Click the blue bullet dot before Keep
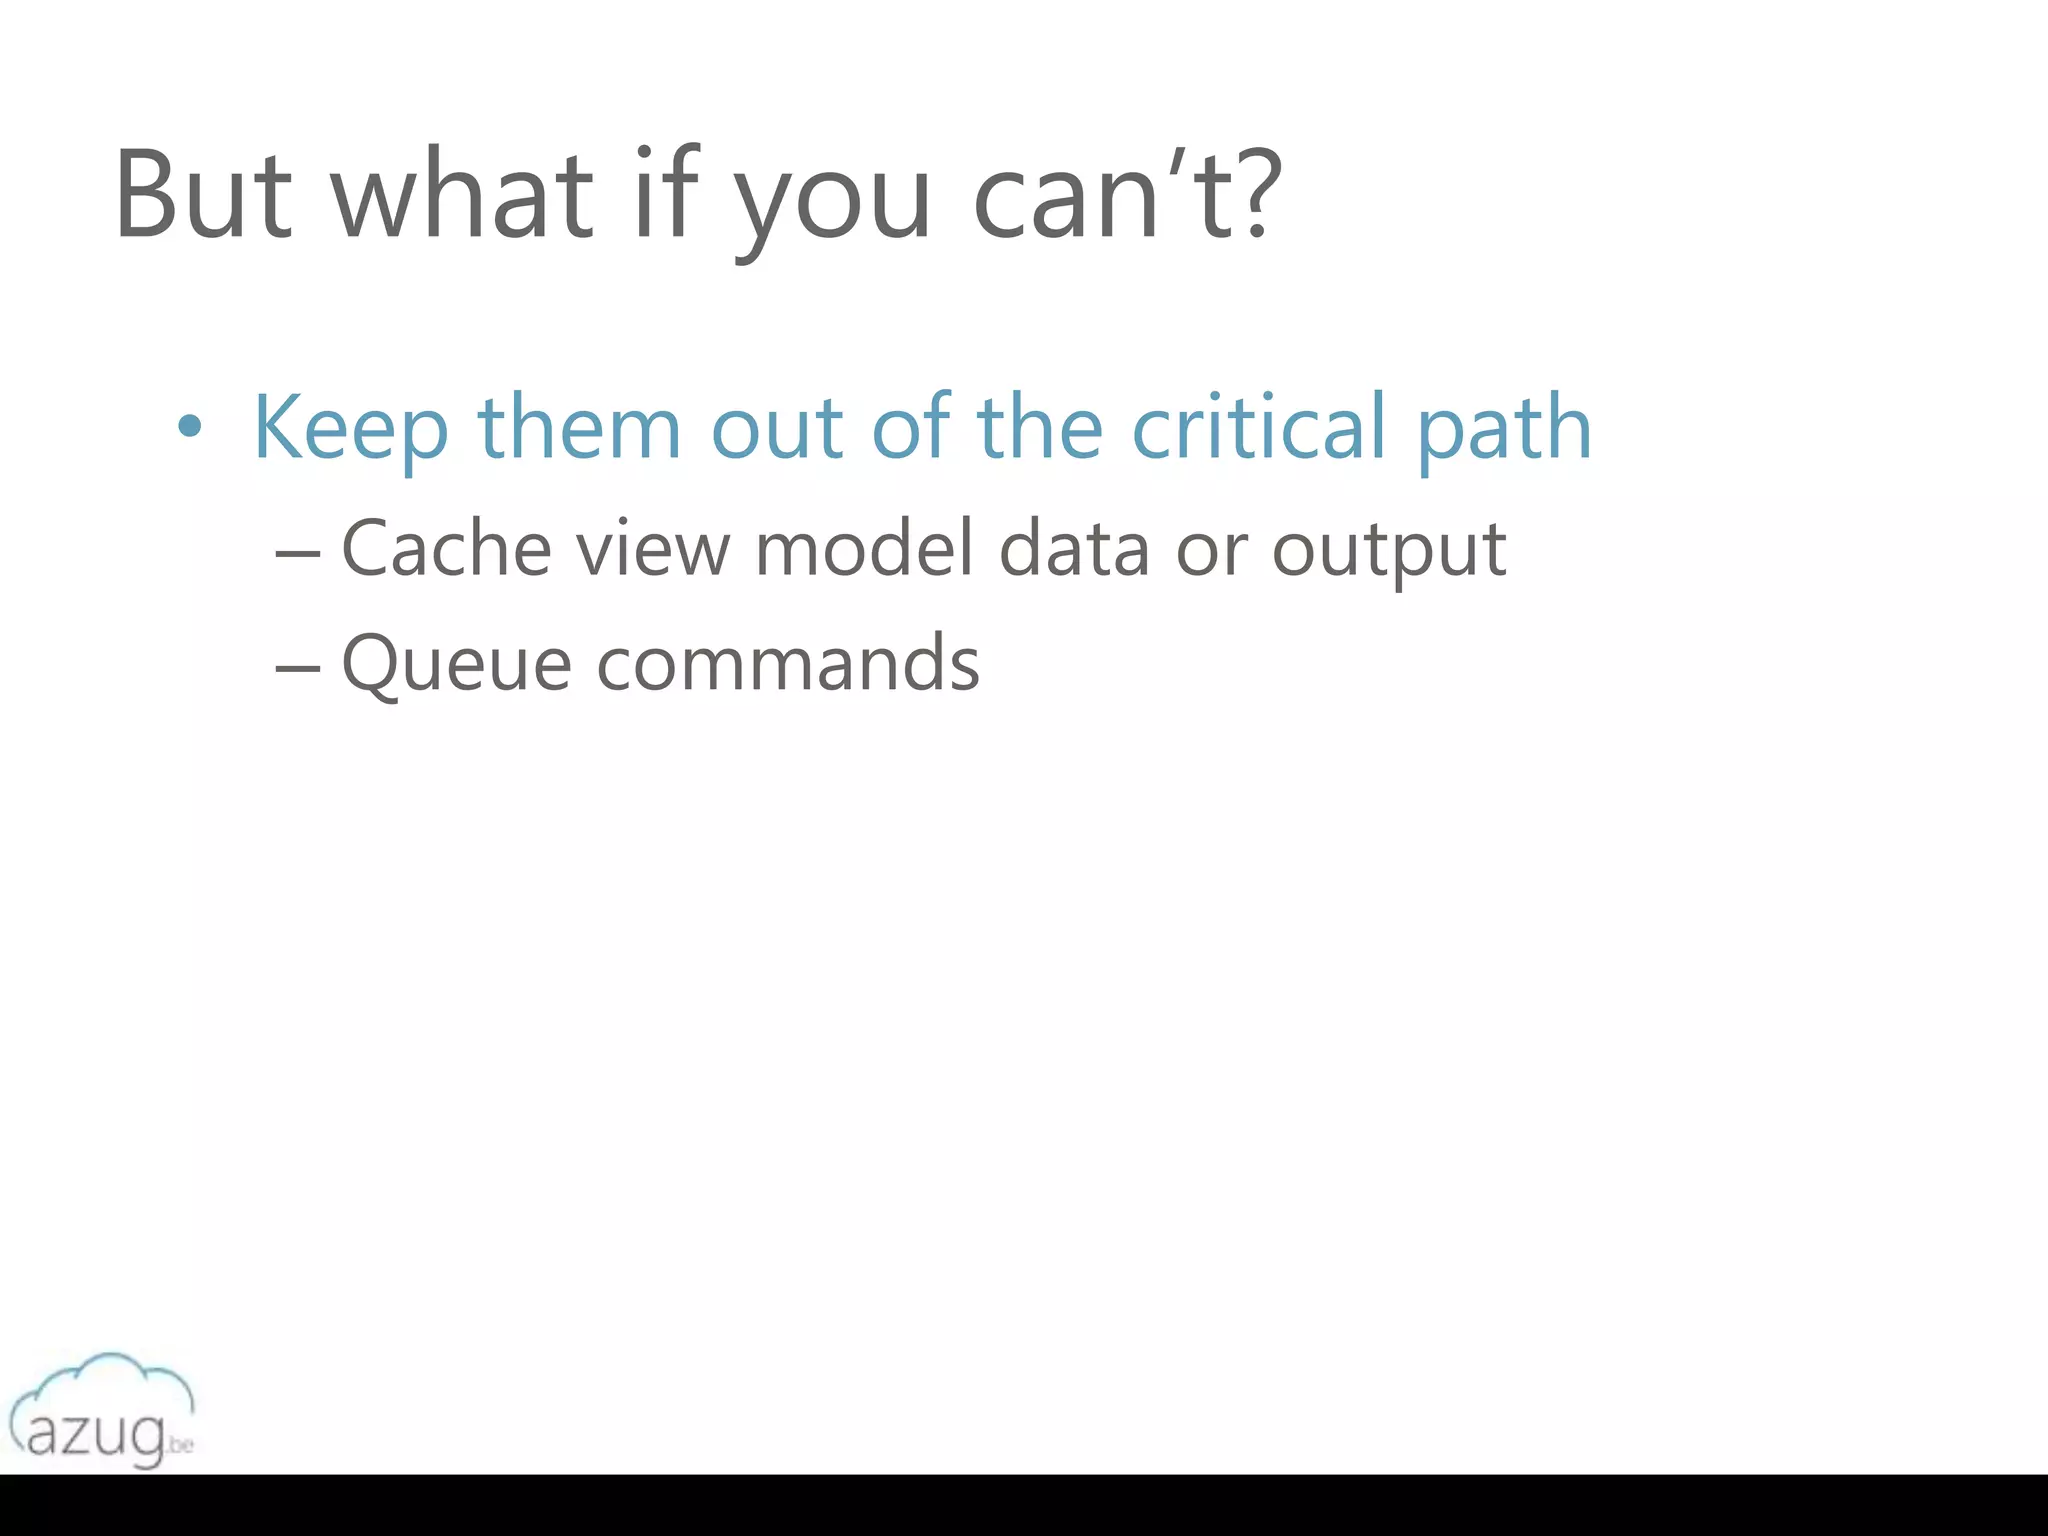coord(188,428)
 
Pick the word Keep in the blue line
coord(350,428)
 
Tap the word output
coord(1388,552)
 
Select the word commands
coord(788,663)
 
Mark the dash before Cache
coord(298,553)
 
